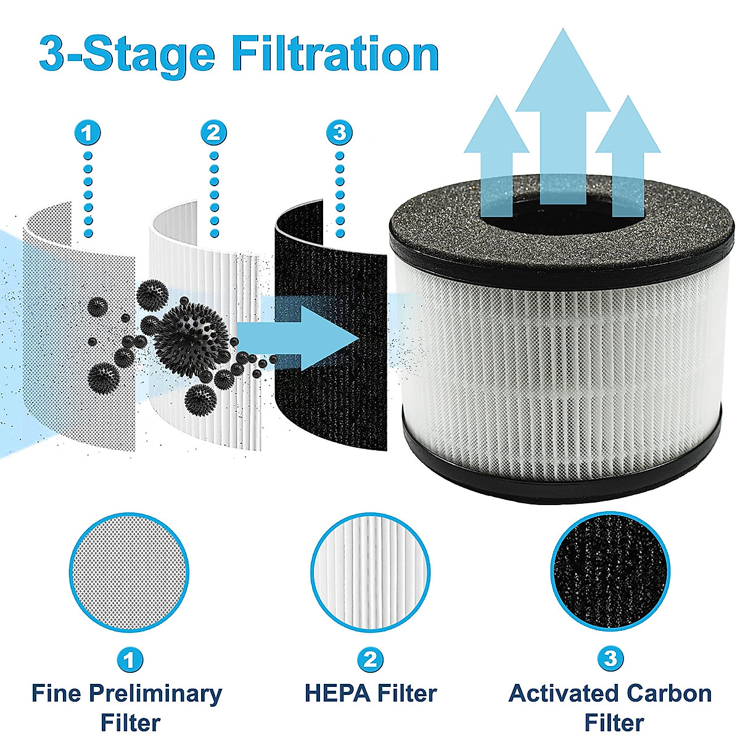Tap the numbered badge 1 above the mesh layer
(88, 133)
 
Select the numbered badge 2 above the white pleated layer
(214, 133)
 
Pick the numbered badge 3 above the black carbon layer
(339, 133)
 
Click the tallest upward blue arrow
(558, 111)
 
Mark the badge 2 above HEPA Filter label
(369, 660)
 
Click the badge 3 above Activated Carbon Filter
(609, 659)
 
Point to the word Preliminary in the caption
(155, 693)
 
